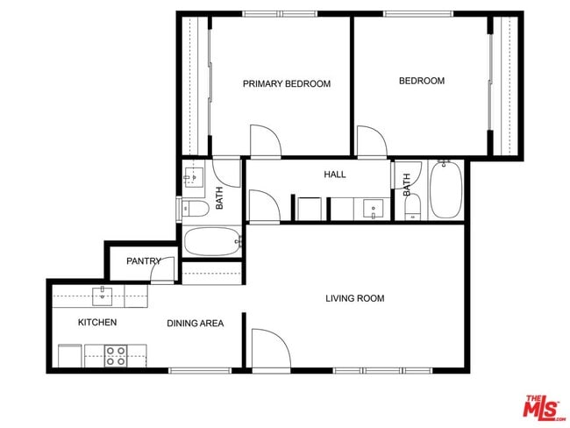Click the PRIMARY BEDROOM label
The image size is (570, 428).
(x=286, y=84)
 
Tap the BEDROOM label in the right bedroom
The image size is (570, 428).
(x=421, y=81)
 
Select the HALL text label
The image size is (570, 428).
(x=334, y=175)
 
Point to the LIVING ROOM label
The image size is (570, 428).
(x=354, y=298)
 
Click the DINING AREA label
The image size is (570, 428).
(x=195, y=323)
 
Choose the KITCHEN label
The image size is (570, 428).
(x=97, y=322)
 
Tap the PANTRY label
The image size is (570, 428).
(x=143, y=260)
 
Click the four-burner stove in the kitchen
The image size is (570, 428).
(x=116, y=356)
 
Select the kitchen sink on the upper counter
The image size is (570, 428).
(x=103, y=292)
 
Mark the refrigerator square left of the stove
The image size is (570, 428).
(x=70, y=356)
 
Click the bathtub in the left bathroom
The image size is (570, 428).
(x=212, y=240)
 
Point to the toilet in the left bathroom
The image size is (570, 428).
(x=194, y=209)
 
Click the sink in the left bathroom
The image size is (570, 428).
(x=193, y=176)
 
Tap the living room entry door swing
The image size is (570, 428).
(x=269, y=347)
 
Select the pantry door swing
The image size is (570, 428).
(x=162, y=272)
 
